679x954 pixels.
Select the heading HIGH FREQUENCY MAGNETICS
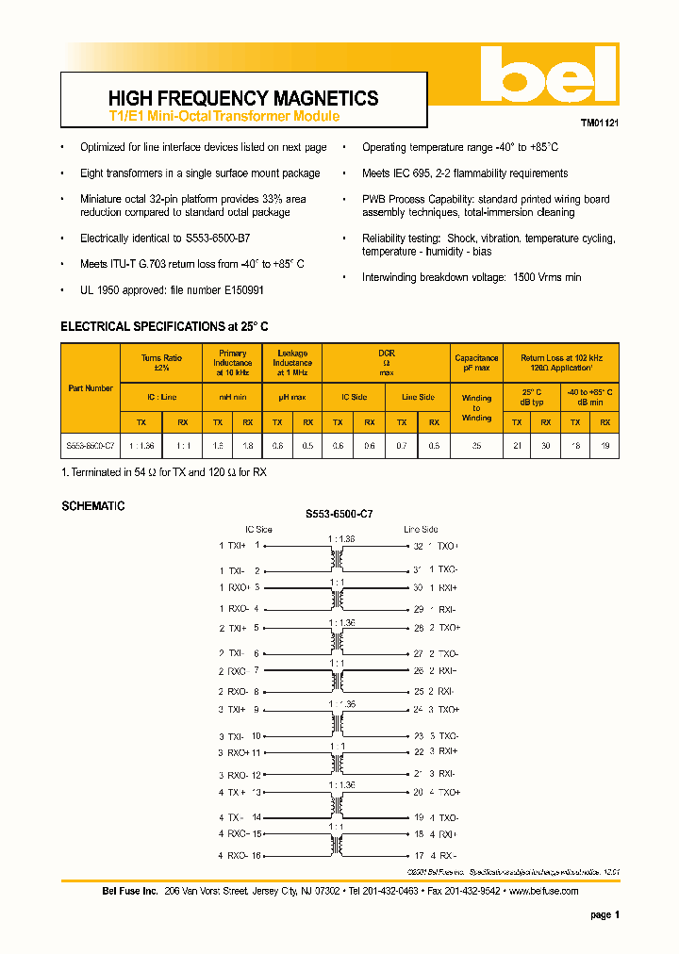tap(243, 98)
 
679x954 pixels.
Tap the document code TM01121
tap(599, 123)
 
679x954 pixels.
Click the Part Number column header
tap(91, 388)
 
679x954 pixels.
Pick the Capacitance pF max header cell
tap(476, 364)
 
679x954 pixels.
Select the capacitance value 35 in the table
tap(476, 445)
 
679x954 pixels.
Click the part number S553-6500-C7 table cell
tap(91, 445)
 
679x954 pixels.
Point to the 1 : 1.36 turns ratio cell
tap(141, 445)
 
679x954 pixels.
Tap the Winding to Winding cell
tap(476, 407)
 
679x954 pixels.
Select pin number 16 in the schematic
tap(257, 855)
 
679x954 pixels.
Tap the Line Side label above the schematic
tap(421, 529)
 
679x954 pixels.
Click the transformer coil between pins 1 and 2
tap(334, 558)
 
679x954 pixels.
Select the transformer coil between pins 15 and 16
tap(334, 845)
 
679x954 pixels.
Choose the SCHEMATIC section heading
tap(92, 506)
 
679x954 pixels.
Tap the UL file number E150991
tap(242, 290)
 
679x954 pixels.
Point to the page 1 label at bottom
tap(604, 914)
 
